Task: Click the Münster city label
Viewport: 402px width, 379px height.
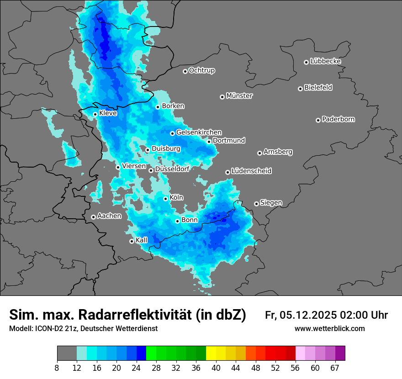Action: tap(239, 96)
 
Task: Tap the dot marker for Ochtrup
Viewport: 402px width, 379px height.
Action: tap(185, 71)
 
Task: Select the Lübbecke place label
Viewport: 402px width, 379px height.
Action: tap(325, 61)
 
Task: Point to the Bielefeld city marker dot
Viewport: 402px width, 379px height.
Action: tap(300, 89)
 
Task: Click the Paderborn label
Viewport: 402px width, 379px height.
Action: tap(338, 119)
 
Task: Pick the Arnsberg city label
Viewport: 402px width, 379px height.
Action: tap(278, 152)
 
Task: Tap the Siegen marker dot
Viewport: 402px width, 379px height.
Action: tap(256, 204)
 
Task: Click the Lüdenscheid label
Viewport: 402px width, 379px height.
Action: tap(251, 171)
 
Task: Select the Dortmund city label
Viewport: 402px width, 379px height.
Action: tap(229, 141)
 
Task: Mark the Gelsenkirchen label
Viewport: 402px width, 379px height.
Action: tap(199, 132)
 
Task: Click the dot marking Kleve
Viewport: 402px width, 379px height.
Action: tap(95, 114)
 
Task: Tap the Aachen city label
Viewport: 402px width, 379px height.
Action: tap(109, 216)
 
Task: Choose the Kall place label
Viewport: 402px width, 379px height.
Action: tap(142, 240)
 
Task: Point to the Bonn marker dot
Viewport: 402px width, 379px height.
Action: tap(177, 221)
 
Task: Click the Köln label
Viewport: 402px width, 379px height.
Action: tap(176, 198)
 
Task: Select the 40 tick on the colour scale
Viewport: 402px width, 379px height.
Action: tap(217, 368)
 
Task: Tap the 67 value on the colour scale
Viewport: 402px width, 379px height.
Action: tap(335, 368)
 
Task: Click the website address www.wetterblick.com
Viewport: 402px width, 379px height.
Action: tap(329, 329)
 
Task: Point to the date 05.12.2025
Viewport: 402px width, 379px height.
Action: tap(308, 315)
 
